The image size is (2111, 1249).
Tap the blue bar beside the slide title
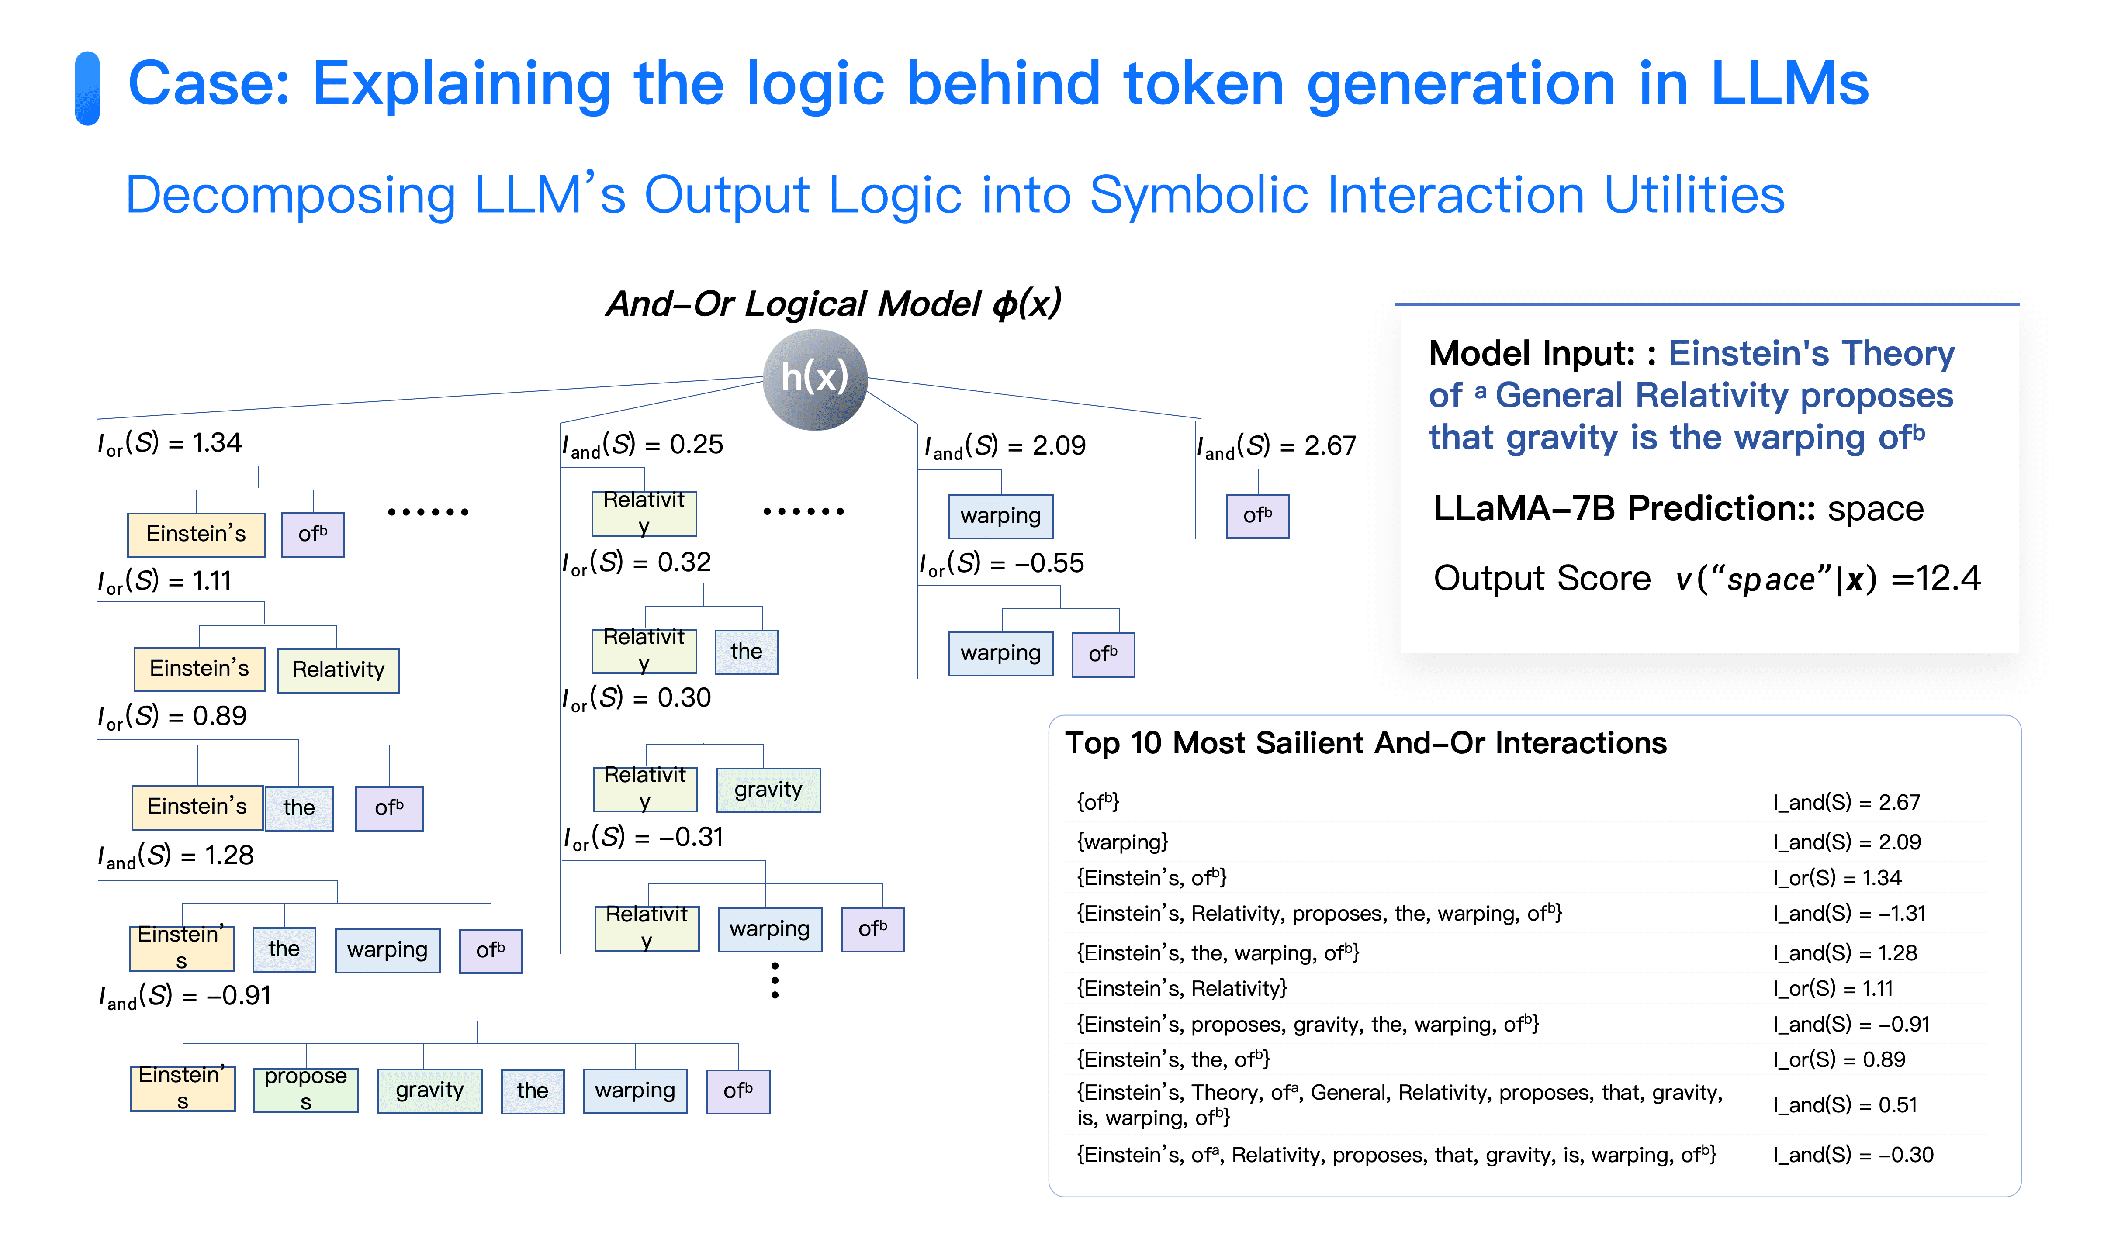[x=87, y=88]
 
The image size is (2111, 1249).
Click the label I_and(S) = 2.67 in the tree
[x=1276, y=445]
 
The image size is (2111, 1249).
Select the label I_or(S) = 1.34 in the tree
[x=170, y=443]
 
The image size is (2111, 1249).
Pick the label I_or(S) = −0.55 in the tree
[x=1002, y=563]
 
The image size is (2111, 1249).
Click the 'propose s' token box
[x=305, y=1089]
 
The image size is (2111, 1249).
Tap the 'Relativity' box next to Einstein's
[x=339, y=670]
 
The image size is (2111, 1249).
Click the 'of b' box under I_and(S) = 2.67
[x=1257, y=515]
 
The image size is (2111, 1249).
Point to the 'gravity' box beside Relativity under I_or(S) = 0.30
[x=768, y=790]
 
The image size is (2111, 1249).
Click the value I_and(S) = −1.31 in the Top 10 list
[x=1849, y=913]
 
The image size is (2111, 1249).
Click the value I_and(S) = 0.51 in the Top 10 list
[x=1845, y=1105]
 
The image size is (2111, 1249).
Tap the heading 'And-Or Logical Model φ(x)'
[x=833, y=304]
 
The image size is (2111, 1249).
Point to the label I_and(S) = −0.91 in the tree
[x=185, y=996]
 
